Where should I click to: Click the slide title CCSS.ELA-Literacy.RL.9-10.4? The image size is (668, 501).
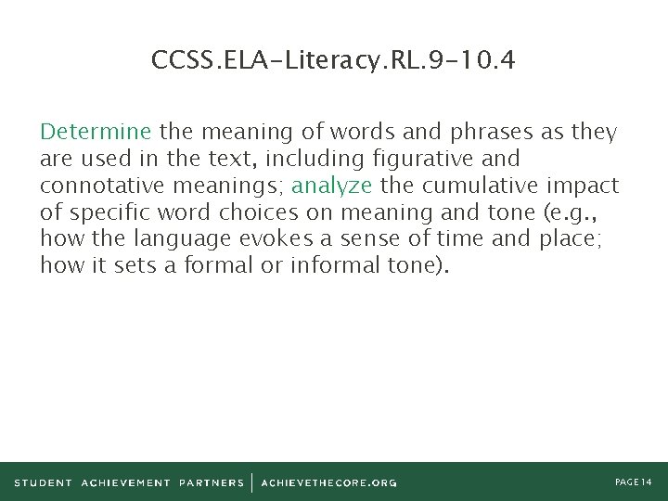[334, 61]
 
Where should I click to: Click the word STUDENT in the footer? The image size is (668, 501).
[44, 482]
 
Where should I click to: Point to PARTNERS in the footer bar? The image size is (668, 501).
[212, 482]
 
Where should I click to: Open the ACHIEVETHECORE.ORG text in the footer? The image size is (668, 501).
[329, 482]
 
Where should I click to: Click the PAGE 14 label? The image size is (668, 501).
[635, 482]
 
